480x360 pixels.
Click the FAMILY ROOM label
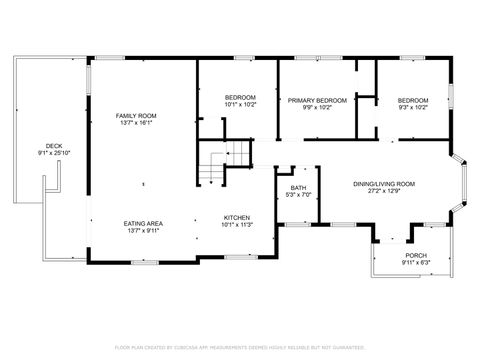(x=137, y=116)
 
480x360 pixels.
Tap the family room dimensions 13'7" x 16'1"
(x=137, y=123)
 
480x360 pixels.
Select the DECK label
(x=53, y=146)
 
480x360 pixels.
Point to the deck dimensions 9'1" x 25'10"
(x=53, y=153)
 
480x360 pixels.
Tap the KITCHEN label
(x=236, y=217)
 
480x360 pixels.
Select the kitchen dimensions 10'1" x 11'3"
(x=236, y=224)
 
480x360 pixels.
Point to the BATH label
(x=298, y=187)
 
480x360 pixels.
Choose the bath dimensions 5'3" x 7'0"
(x=298, y=194)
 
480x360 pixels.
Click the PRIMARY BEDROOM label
(x=317, y=100)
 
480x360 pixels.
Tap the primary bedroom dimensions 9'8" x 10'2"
(x=317, y=107)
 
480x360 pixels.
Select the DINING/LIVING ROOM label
(x=384, y=183)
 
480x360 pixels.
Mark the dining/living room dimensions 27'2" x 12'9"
(x=384, y=190)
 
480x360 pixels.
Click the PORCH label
(x=415, y=255)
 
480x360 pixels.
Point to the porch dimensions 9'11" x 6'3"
(x=415, y=262)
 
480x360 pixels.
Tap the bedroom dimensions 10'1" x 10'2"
(x=239, y=104)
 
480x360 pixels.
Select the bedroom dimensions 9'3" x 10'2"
(x=412, y=107)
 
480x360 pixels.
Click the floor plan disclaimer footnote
(x=240, y=347)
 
